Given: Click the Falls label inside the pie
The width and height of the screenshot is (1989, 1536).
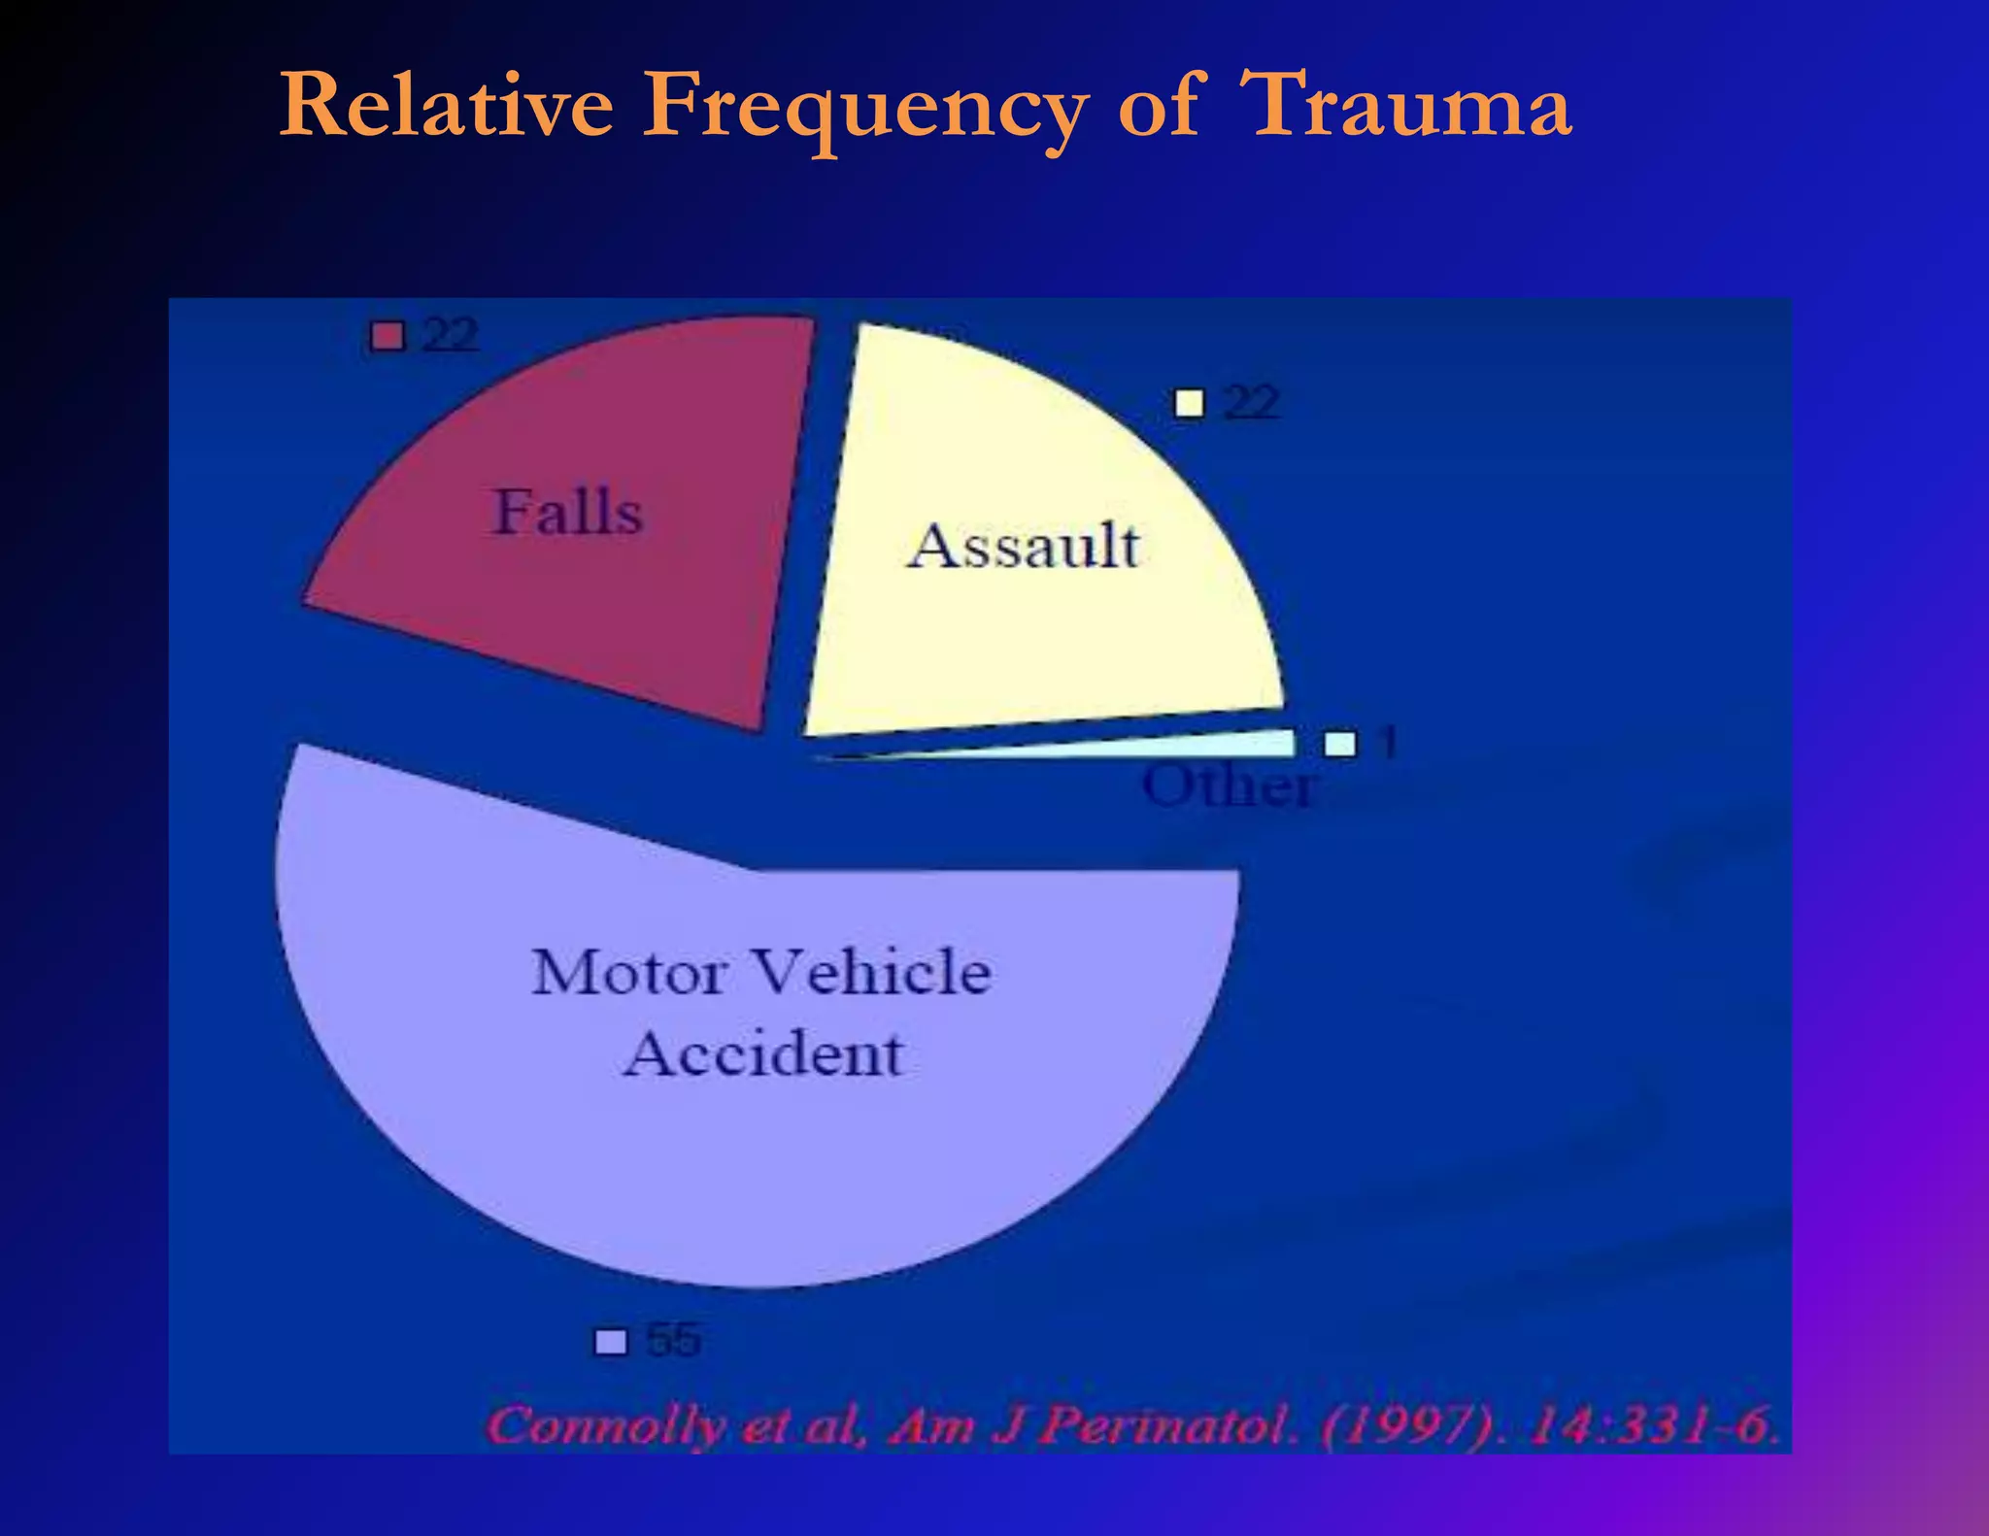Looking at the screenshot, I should coord(568,512).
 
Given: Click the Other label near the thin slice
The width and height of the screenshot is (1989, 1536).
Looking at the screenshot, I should coord(1229,785).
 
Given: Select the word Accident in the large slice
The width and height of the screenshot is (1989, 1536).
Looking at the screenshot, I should coord(763,1054).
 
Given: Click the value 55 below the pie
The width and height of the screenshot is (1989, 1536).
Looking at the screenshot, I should coord(673,1340).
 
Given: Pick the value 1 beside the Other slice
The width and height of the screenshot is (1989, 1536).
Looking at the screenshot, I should coord(1389,744).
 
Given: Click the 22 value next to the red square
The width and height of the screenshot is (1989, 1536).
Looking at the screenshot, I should coord(451,336).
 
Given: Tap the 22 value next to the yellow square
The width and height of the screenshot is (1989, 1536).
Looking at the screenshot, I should coord(1251,402).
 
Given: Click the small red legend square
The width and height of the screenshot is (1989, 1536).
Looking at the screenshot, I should coord(388,337).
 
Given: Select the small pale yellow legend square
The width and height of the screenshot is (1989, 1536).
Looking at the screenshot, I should coord(1189,403).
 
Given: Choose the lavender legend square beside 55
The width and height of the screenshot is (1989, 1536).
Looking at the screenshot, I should coord(611,1342).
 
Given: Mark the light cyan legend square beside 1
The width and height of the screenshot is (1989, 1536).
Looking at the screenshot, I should coord(1340,744).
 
